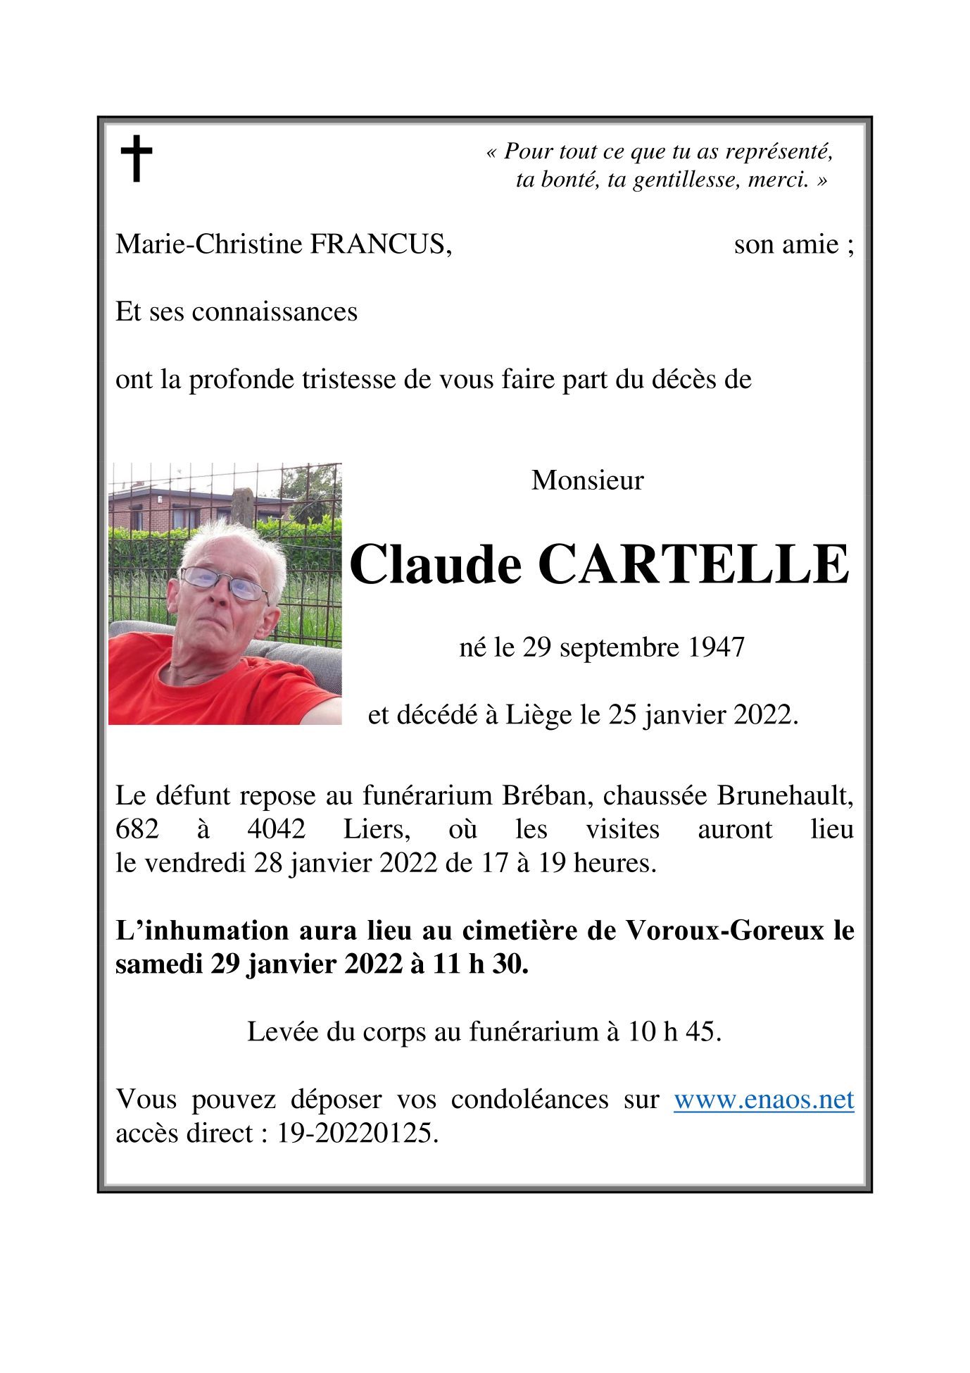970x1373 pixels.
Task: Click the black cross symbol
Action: pyautogui.click(x=137, y=159)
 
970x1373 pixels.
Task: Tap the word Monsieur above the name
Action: pyautogui.click(x=587, y=480)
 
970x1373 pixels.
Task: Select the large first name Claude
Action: pyautogui.click(x=436, y=565)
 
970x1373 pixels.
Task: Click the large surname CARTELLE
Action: pyautogui.click(x=693, y=565)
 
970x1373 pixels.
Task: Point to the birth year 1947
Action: pyautogui.click(x=716, y=647)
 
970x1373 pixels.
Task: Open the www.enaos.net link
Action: pyautogui.click(x=764, y=1100)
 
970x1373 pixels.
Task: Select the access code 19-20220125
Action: pyautogui.click(x=357, y=1133)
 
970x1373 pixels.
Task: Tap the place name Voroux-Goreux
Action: pyautogui.click(x=726, y=931)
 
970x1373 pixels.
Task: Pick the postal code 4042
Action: pyautogui.click(x=277, y=829)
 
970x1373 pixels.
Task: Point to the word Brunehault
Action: pyautogui.click(x=785, y=796)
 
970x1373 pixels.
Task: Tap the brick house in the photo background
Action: pyautogui.click(x=169, y=509)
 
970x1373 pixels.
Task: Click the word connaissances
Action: pyautogui.click(x=275, y=312)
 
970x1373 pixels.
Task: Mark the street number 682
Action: pyautogui.click(x=137, y=829)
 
